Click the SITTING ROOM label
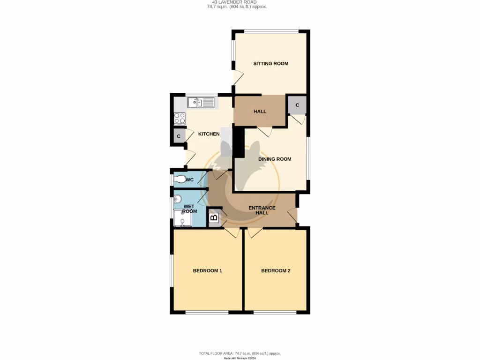270,63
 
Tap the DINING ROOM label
275,159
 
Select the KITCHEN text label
209,134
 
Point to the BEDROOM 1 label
207,270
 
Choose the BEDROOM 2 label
276,270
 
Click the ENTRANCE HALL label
262,210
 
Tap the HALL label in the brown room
260,111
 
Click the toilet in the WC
180,179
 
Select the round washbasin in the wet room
178,199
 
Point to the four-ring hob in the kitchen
180,119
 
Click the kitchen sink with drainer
202,102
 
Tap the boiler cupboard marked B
213,217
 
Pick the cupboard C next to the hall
297,105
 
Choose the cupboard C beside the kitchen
179,136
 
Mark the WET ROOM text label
190,209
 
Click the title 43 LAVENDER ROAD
240,2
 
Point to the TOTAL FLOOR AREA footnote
240,353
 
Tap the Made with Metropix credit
240,358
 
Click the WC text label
190,180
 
